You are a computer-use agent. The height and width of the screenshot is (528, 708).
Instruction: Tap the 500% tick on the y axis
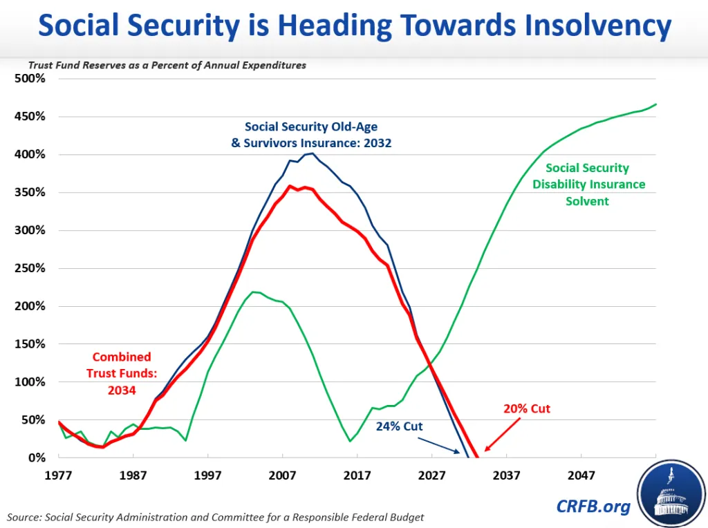[x=30, y=79]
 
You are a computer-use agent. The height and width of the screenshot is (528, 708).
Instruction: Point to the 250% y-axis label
[x=30, y=268]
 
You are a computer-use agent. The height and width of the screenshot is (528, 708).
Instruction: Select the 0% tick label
[x=37, y=458]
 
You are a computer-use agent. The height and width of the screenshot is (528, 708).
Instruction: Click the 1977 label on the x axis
[x=58, y=475]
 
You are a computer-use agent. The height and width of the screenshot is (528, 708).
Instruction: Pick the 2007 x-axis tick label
[x=282, y=475]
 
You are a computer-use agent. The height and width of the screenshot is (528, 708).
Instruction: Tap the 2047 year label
[x=581, y=475]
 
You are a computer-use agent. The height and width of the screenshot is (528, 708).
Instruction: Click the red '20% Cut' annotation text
[x=527, y=408]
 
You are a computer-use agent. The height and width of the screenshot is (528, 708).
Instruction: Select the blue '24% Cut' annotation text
[x=399, y=426]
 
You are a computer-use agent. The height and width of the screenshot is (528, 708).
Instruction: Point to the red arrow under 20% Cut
[x=502, y=434]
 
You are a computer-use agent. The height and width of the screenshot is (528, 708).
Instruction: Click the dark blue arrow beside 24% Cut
[x=438, y=445]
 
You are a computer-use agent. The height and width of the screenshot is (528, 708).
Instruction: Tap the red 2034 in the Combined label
[x=122, y=390]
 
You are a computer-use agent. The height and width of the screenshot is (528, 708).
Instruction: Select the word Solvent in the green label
[x=587, y=201]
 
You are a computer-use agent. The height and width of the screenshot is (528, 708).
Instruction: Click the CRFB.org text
[x=593, y=507]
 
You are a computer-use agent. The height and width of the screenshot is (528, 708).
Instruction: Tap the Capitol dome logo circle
[x=671, y=493]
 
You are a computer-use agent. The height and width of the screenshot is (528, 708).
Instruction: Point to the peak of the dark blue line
[x=312, y=153]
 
